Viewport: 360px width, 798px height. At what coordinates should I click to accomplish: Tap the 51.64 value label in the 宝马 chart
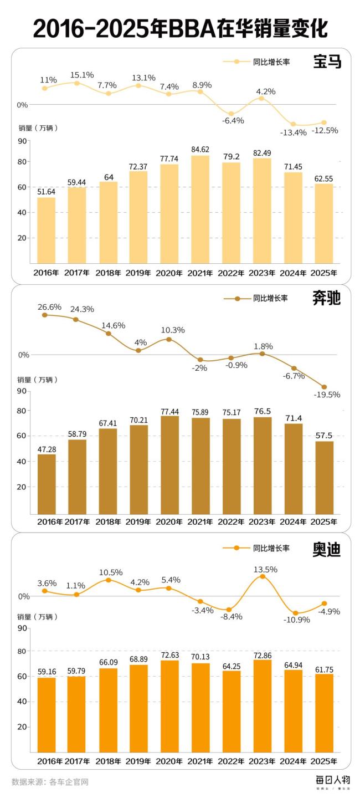tap(46, 191)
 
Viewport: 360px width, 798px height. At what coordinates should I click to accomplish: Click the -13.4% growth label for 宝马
tap(293, 132)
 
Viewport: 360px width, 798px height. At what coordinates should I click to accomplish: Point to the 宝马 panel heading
tap(327, 62)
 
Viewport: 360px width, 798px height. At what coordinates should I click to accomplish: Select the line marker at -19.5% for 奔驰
tap(325, 387)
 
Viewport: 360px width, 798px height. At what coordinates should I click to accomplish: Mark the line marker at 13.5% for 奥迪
tap(263, 576)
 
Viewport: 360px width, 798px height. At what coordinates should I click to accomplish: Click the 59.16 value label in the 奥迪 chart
tap(46, 671)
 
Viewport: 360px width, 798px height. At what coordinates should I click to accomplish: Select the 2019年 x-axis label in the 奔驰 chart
tap(139, 521)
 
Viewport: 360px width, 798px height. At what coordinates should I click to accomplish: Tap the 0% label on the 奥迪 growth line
tap(24, 596)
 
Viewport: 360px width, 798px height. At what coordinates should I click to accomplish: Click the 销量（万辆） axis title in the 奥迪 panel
tap(37, 616)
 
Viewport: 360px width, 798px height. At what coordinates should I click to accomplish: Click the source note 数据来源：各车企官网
tap(50, 782)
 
